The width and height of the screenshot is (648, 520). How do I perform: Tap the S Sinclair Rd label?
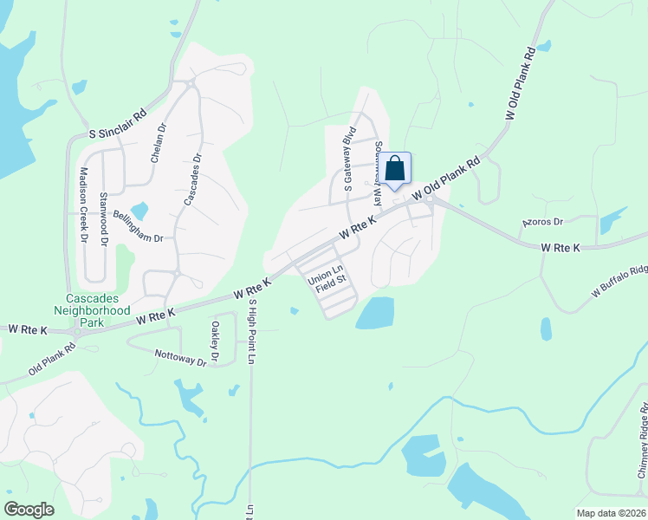tap(118, 123)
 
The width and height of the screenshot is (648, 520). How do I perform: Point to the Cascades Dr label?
tap(191, 179)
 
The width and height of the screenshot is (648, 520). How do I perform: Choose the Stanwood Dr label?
tap(103, 220)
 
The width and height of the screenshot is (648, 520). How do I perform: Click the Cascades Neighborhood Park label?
tap(92, 309)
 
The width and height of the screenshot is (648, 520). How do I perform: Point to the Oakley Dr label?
tap(214, 342)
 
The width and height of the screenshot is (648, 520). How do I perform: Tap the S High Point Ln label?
tap(253, 332)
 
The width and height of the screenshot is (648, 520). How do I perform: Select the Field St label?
tap(330, 280)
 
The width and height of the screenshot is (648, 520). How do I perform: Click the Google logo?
tap(29, 509)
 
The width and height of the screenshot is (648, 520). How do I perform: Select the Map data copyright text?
tap(612, 513)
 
